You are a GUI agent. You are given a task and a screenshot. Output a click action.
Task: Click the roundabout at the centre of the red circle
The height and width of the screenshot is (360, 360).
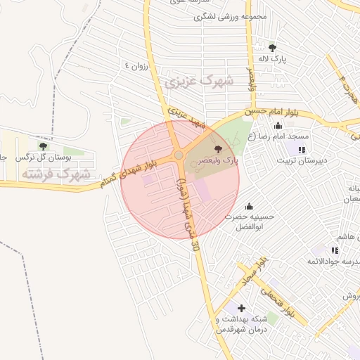(x=179, y=155)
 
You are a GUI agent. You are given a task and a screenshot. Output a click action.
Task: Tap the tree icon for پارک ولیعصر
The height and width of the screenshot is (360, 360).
(x=217, y=149)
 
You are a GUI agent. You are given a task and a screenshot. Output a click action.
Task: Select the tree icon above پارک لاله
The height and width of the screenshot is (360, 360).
(x=272, y=48)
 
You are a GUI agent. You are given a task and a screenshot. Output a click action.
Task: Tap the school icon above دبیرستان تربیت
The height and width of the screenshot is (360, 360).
(x=302, y=150)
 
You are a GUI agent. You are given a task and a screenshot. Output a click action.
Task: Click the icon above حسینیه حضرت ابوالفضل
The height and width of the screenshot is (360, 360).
(x=248, y=207)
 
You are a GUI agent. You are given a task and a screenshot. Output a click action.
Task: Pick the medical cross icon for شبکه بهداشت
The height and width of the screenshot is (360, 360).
(x=242, y=308)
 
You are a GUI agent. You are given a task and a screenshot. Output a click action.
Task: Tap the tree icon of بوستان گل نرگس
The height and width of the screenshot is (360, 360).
(x=43, y=146)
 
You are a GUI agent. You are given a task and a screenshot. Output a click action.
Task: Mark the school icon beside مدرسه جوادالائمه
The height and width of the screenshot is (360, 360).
(x=335, y=250)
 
